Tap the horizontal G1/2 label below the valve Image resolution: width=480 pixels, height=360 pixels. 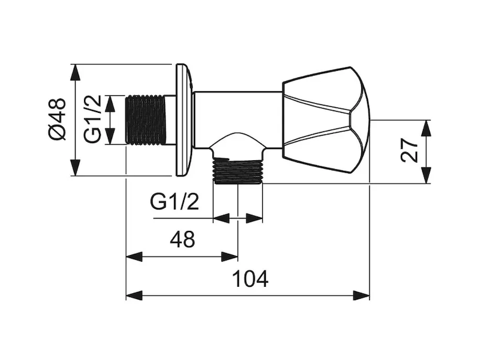click(175, 202)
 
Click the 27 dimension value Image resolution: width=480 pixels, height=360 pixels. click(410, 151)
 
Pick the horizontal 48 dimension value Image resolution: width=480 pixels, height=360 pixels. click(182, 240)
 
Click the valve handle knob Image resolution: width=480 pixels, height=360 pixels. click(325, 118)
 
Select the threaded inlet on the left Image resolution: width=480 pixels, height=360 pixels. click(146, 119)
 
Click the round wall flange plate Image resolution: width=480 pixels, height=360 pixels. click(182, 119)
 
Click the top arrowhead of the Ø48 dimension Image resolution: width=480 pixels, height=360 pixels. click(74, 70)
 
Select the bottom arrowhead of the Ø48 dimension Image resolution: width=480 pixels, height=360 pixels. click(74, 170)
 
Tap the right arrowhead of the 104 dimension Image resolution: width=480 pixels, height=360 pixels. click(364, 295)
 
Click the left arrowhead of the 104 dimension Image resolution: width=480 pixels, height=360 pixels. click(131, 295)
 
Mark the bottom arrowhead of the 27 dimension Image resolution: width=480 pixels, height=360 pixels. click(426, 177)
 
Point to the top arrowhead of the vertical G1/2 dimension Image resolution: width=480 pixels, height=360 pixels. click(110, 100)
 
